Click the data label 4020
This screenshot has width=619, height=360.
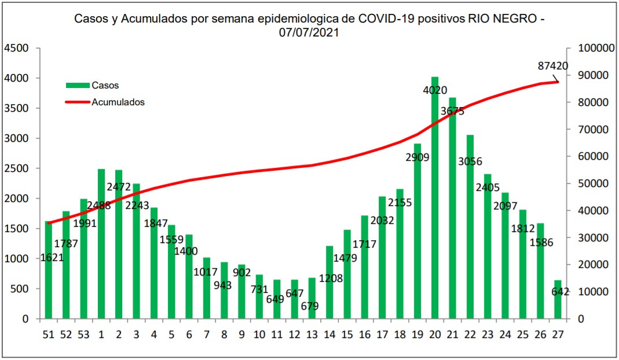click(435, 90)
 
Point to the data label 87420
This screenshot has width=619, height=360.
click(552, 66)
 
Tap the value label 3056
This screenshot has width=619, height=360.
click(470, 161)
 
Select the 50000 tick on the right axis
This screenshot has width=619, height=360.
click(592, 183)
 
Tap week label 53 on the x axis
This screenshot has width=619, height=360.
click(84, 334)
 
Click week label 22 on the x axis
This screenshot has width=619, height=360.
click(470, 334)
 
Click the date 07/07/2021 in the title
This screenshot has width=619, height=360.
click(309, 33)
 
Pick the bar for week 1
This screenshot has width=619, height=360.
click(101, 244)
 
